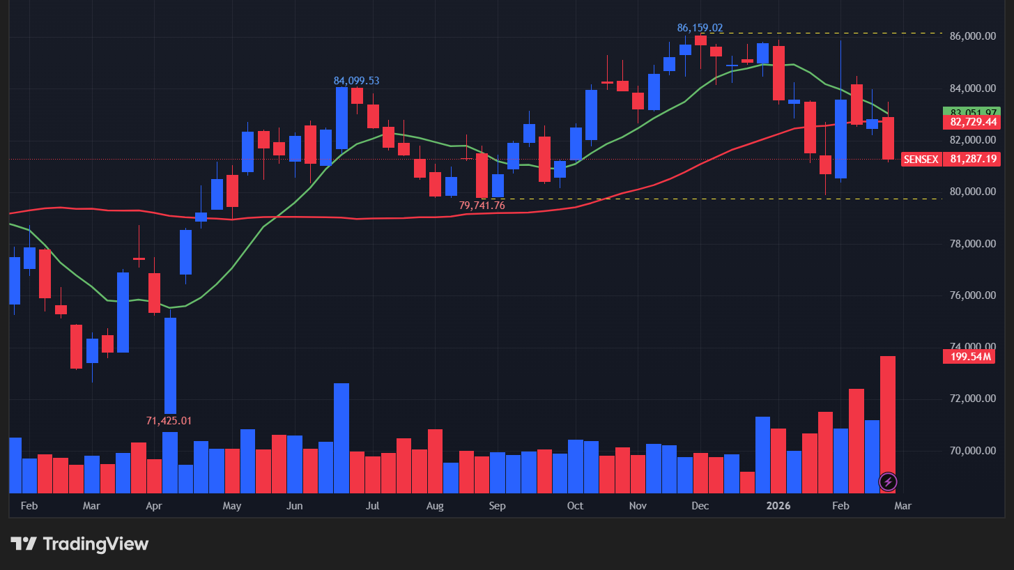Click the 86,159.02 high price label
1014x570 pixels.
coord(700,28)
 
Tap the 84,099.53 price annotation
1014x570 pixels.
coord(356,81)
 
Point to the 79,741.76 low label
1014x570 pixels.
coord(482,206)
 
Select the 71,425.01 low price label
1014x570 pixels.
coord(168,421)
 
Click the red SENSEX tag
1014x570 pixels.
coord(921,160)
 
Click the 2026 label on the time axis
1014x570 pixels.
coord(778,506)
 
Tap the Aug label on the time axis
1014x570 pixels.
coord(434,506)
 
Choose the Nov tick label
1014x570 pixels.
coord(638,506)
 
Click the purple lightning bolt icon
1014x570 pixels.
coord(888,481)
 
